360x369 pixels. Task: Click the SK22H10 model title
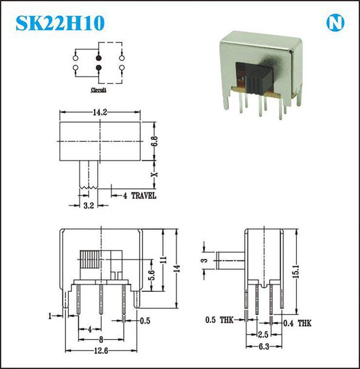[x=60, y=23]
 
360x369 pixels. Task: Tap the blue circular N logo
[x=335, y=23]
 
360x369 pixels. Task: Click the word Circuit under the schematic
[x=98, y=90]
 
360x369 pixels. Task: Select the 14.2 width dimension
[x=100, y=112]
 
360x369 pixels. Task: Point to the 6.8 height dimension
[x=155, y=141]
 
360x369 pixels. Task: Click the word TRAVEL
[x=144, y=196]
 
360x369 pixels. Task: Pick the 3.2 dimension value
[x=89, y=205]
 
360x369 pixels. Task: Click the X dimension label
[x=155, y=174]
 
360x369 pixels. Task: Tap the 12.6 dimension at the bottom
[x=101, y=351]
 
